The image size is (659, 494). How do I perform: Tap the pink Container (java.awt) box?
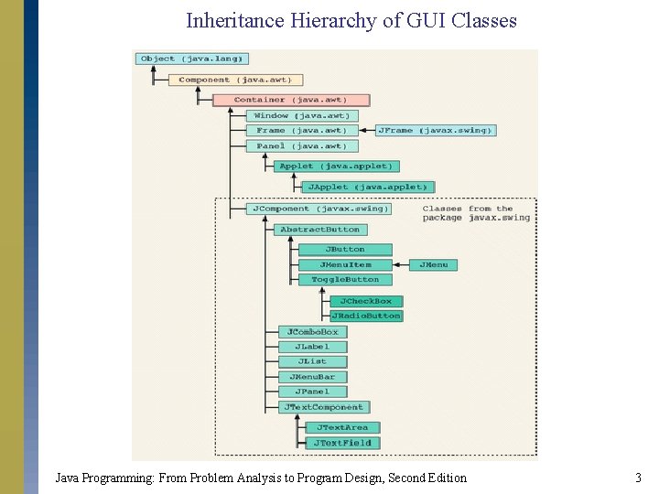point(291,100)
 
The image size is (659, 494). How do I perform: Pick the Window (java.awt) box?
point(300,116)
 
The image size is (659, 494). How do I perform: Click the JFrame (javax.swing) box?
point(434,131)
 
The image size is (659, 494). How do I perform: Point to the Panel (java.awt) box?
point(300,146)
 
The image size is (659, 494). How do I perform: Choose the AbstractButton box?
point(320,230)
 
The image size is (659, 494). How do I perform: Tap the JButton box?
point(345,249)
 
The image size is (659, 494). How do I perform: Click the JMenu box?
point(434,264)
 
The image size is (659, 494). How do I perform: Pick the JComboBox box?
point(312,332)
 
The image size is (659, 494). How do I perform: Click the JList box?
point(312,361)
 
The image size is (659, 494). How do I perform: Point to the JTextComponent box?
point(323,407)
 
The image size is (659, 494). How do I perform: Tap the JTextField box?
point(343,443)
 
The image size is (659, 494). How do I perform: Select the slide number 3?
point(638,478)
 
